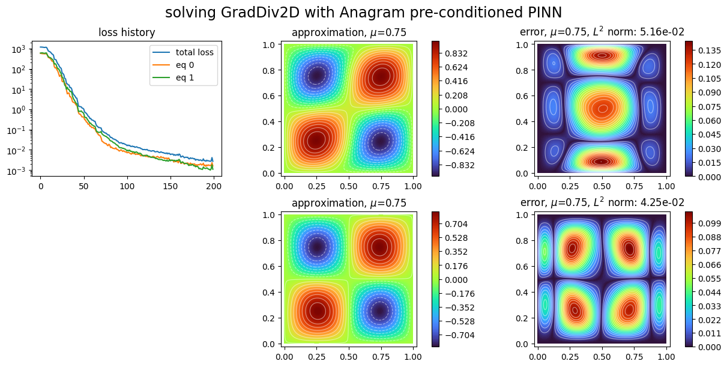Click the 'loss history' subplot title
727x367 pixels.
coord(127,33)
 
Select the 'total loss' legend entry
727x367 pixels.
coord(195,52)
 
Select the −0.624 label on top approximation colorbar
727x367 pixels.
coord(459,151)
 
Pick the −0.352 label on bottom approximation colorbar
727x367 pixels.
coord(459,307)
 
